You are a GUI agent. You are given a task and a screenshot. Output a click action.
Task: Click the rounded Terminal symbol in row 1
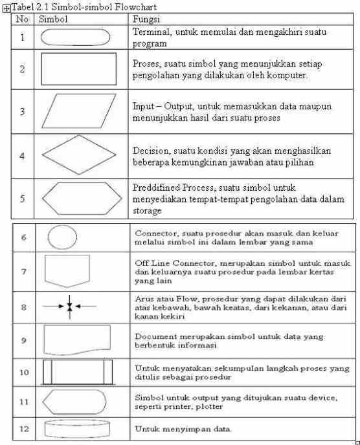pyautogui.click(x=78, y=38)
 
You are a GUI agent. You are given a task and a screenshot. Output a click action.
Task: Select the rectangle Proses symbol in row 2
pyautogui.click(x=78, y=69)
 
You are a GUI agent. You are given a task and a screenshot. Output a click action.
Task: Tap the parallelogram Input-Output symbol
pyautogui.click(x=78, y=111)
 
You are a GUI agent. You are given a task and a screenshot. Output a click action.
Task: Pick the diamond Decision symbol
pyautogui.click(x=78, y=155)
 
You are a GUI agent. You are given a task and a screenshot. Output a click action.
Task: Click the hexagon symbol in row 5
pyautogui.click(x=78, y=199)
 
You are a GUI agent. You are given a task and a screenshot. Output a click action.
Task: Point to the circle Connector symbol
pyautogui.click(x=62, y=237)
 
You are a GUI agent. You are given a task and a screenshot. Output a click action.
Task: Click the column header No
pyautogui.click(x=23, y=19)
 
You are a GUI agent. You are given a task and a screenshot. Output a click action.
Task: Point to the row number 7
pyautogui.click(x=23, y=271)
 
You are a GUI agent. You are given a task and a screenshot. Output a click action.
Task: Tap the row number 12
pyautogui.click(x=24, y=428)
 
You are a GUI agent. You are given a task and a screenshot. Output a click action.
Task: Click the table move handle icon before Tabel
pyautogui.click(x=5, y=6)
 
